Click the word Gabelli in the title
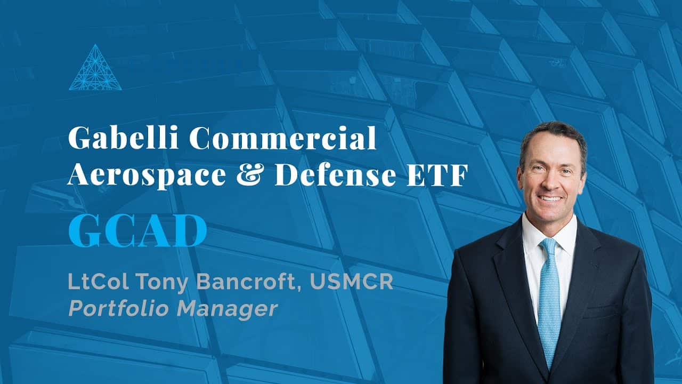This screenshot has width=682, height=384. pyautogui.click(x=123, y=138)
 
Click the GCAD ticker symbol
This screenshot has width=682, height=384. pyautogui.click(x=137, y=231)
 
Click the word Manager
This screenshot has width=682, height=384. pyautogui.click(x=228, y=309)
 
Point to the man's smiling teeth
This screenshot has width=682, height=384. pyautogui.click(x=551, y=199)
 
